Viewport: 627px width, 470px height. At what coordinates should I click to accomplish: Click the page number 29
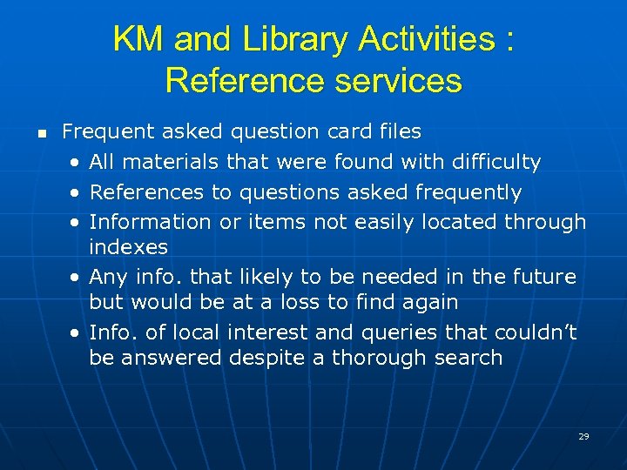pos(583,436)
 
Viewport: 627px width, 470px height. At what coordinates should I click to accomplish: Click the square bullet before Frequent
pos(39,134)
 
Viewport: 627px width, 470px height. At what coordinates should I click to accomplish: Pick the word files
pos(399,132)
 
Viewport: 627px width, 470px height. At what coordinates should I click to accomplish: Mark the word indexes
pos(128,246)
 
